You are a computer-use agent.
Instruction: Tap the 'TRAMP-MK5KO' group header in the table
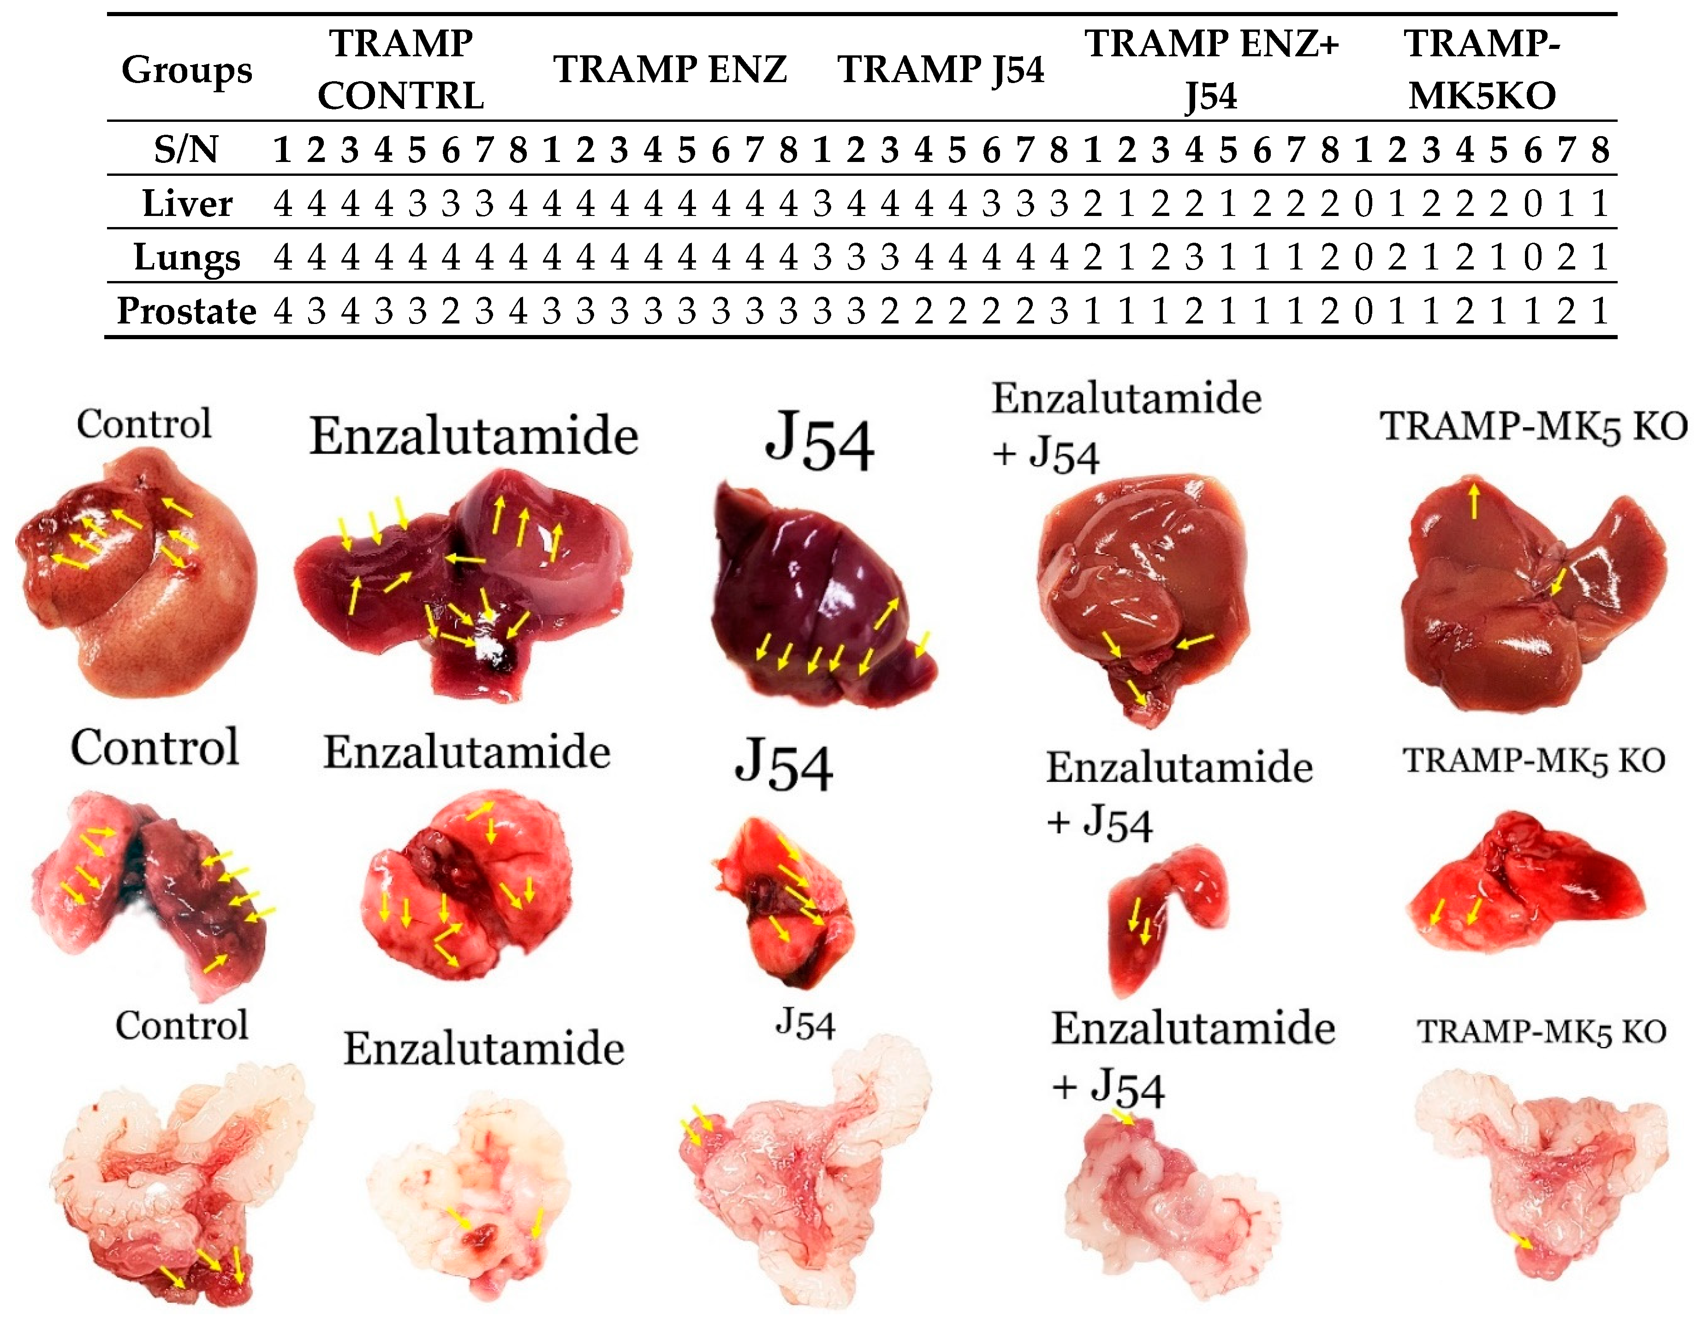(1482, 69)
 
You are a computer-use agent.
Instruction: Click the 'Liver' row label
(187, 204)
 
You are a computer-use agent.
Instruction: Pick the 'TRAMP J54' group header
(941, 69)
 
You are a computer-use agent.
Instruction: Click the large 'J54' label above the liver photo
(819, 443)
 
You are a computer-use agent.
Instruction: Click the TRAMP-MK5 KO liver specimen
(1528, 601)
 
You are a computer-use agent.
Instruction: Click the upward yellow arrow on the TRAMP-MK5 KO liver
(1473, 499)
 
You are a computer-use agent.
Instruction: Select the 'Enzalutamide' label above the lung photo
(466, 753)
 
